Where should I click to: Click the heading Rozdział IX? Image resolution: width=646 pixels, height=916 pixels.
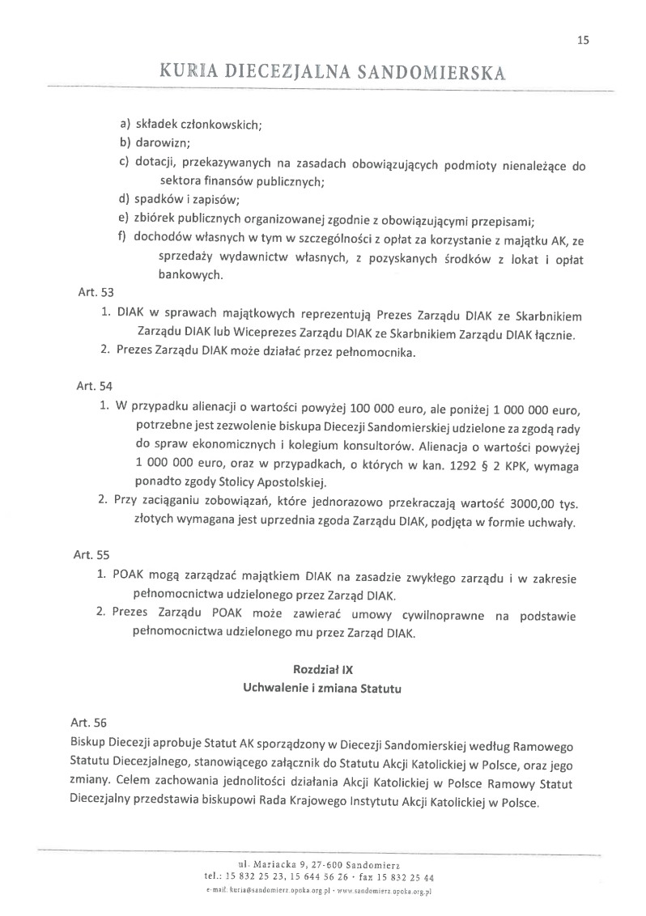point(322,670)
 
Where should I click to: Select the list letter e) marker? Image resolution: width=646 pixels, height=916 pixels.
point(124,218)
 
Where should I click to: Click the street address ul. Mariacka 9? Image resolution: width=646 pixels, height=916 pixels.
point(275,867)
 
